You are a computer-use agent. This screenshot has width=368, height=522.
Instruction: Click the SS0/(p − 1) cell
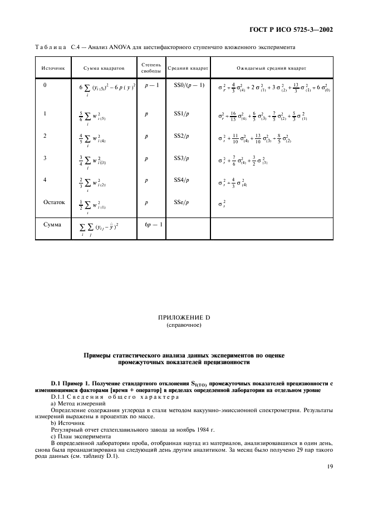tap(188, 85)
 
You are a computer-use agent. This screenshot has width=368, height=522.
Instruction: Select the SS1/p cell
tap(181, 114)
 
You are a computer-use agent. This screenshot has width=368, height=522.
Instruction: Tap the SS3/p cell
tap(181, 158)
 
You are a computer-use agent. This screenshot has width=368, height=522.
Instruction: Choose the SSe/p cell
tap(181, 202)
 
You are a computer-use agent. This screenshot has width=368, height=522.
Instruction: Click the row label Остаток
tap(55, 202)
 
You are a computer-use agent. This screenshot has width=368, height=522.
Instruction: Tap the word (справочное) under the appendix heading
tap(184, 325)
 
